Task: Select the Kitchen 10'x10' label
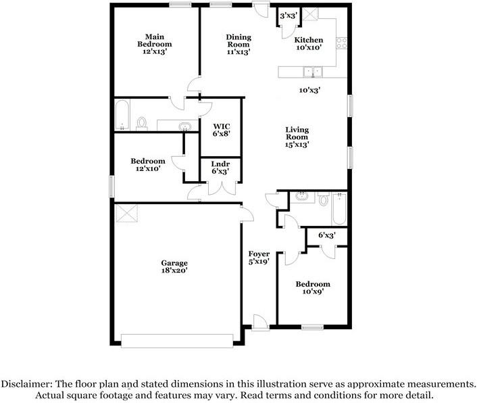(x=308, y=44)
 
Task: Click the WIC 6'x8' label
(x=222, y=130)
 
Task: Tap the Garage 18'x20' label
(x=174, y=266)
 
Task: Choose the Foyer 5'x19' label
(x=259, y=257)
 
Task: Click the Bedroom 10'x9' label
(x=313, y=287)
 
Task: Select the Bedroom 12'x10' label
(x=147, y=164)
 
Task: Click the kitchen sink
(x=311, y=70)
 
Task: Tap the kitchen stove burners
(x=341, y=43)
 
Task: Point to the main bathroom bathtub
(x=122, y=116)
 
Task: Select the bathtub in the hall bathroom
(x=338, y=208)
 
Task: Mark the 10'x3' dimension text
(x=309, y=90)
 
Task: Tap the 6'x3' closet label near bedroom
(x=327, y=235)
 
